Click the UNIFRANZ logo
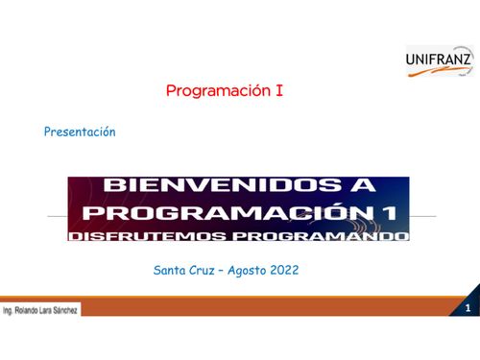tap(439, 61)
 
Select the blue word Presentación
tap(80, 132)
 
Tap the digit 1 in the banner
tap(384, 211)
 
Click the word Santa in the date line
tap(170, 271)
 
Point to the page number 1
tap(468, 309)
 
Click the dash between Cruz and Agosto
tap(223, 271)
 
